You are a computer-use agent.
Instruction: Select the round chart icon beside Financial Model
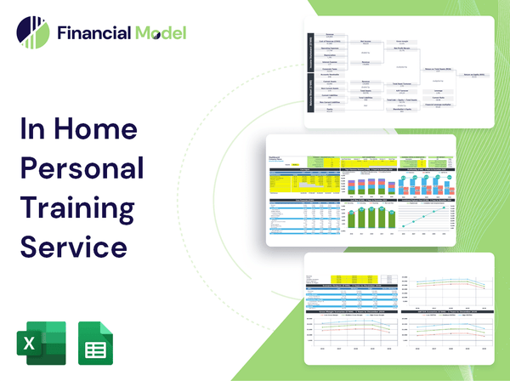point(32,33)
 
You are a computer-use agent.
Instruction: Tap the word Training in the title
point(79,207)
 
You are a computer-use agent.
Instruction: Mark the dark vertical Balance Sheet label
point(311,98)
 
